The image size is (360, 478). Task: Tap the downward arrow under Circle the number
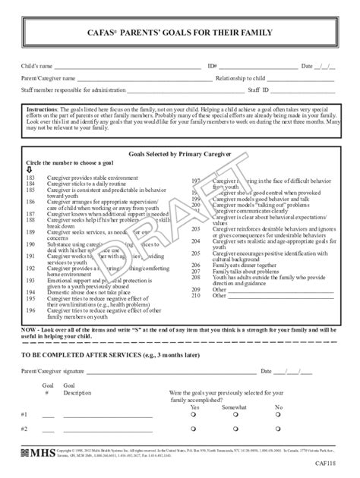pos(29,170)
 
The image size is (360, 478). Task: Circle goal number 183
pos(30,177)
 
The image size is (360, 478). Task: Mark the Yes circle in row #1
pos(194,416)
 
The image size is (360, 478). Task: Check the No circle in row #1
pos(278,416)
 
